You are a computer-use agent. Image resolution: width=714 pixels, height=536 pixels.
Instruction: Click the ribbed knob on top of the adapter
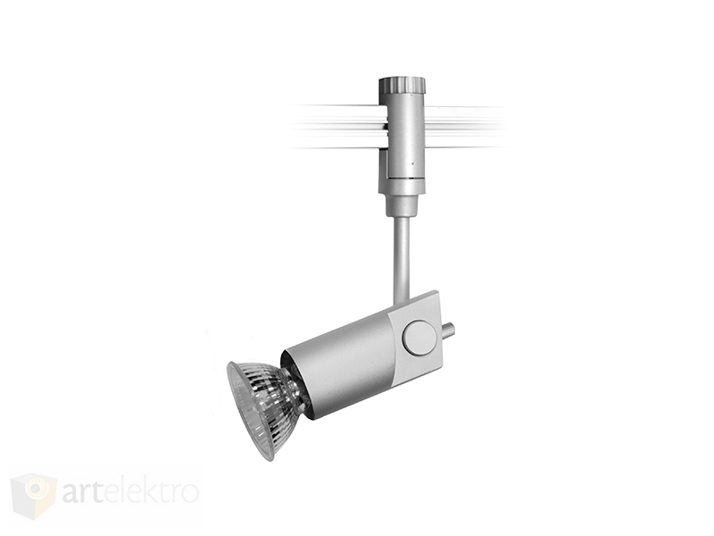tap(403, 85)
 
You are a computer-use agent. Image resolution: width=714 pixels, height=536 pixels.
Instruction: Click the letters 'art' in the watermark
tap(88, 492)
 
